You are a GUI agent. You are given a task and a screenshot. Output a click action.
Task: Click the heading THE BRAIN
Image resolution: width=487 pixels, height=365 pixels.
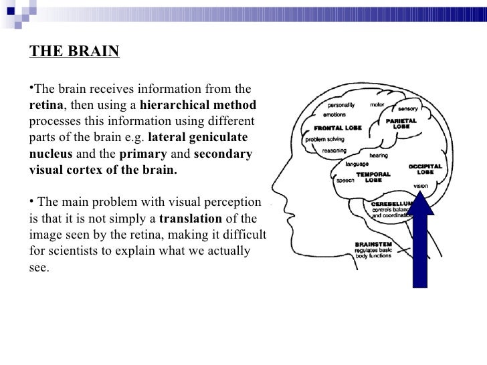(x=74, y=52)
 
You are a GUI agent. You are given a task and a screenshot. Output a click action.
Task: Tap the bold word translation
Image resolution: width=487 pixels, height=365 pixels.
(x=191, y=219)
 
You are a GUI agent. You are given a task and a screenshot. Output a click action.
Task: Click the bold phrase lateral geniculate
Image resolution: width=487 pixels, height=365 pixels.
(x=197, y=138)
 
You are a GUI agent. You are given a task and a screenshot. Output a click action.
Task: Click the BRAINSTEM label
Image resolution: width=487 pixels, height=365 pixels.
(x=371, y=245)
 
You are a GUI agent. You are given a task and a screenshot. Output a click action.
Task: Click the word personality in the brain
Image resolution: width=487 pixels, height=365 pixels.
(x=340, y=106)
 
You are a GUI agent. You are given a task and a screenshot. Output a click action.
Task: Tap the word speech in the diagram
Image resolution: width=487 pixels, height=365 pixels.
(x=345, y=180)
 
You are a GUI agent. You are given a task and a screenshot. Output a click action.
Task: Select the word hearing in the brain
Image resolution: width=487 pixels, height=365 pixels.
(x=378, y=155)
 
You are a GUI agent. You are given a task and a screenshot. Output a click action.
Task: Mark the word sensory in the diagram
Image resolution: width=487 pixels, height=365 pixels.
(x=408, y=108)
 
